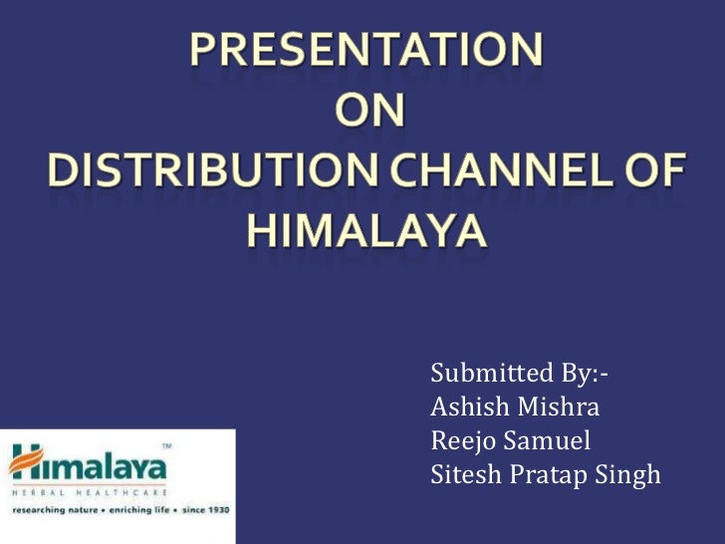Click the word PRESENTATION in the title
click(364, 49)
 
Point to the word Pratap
click(549, 475)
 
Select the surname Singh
click(630, 475)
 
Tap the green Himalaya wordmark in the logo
click(95, 465)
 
